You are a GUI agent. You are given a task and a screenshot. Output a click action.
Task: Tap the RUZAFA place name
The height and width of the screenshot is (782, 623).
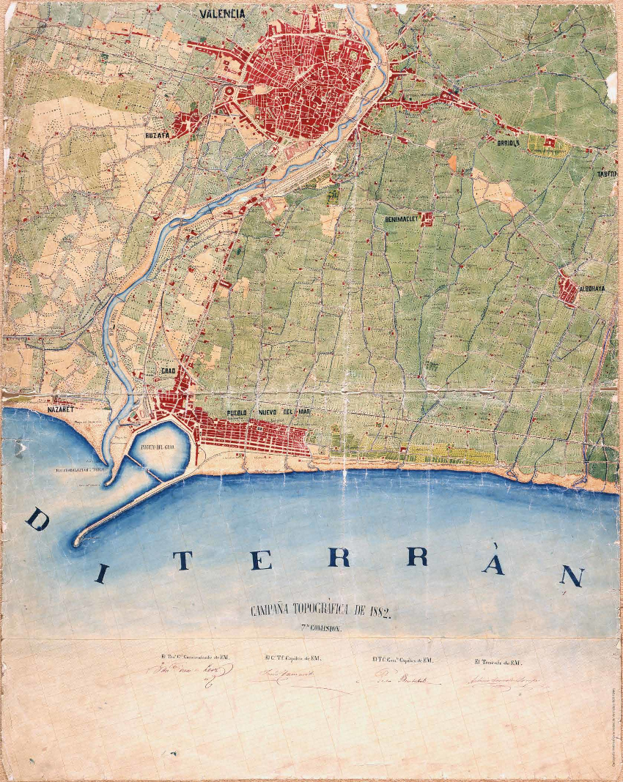point(157,135)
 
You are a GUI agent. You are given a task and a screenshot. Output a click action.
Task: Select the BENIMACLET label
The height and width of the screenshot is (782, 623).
point(400,219)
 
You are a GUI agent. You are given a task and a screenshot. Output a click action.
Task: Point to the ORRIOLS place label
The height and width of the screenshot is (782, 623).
point(506,144)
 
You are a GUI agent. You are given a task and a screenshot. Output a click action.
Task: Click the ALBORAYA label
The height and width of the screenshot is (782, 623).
point(592,288)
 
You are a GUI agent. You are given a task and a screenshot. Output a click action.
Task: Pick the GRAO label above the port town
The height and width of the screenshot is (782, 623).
point(168,371)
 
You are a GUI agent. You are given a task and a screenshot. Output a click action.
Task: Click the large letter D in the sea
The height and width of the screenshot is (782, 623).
point(37,522)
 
